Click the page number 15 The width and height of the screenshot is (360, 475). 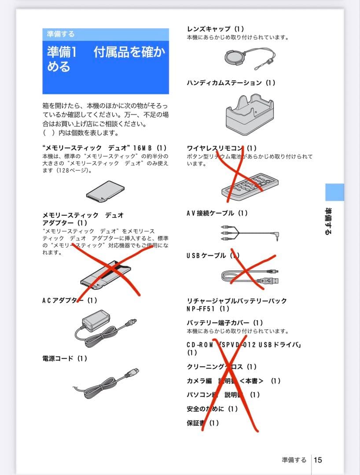(318, 460)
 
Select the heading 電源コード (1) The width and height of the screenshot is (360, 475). (65, 358)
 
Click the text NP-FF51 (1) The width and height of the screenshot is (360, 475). (208, 309)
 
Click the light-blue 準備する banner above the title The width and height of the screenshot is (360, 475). (106, 34)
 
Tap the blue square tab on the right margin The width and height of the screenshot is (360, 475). (334, 192)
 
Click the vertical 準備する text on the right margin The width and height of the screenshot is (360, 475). (328, 221)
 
